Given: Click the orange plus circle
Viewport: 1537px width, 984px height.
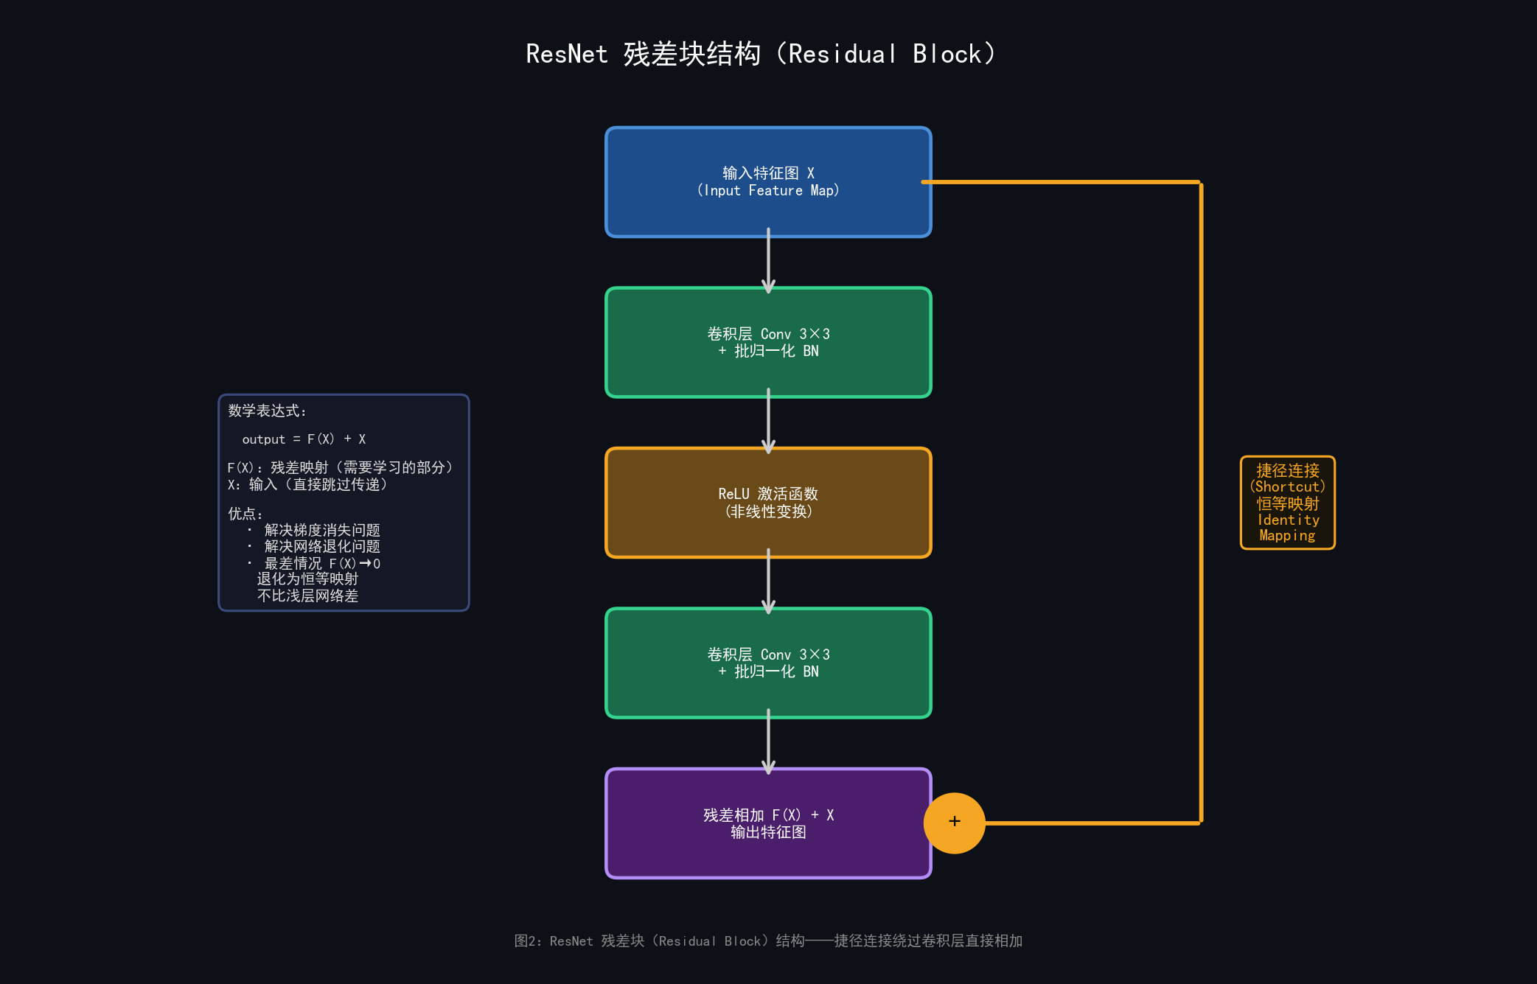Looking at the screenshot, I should (x=954, y=823).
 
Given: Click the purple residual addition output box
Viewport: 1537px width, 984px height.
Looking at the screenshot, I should (x=768, y=855).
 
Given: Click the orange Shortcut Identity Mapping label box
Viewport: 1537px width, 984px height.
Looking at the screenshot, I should (x=1287, y=503).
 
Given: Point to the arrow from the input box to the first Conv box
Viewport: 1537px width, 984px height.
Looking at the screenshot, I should (x=768, y=262).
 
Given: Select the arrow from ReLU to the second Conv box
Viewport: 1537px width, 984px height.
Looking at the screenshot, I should (x=768, y=582).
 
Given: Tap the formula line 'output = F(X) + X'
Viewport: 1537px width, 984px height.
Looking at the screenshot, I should (x=304, y=439).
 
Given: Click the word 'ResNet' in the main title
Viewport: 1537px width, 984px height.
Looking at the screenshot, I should (x=566, y=54).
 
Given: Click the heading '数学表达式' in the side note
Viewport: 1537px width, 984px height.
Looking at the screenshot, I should (x=264, y=411).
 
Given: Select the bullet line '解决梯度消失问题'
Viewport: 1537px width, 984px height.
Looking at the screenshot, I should (x=322, y=530).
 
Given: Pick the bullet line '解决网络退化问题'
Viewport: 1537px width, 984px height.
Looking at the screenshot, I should (x=322, y=546).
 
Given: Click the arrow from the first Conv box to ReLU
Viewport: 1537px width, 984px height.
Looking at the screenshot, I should (x=768, y=422).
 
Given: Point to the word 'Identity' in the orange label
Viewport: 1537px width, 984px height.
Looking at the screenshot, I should (x=1288, y=520).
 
